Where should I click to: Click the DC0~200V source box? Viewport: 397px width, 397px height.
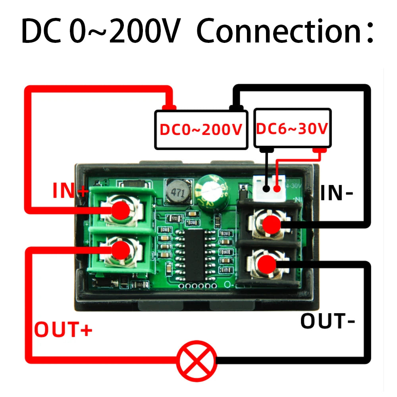click(201, 130)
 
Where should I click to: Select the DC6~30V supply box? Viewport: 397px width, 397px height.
click(292, 128)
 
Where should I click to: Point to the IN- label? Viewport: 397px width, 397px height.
click(337, 193)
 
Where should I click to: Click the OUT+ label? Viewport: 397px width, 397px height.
click(64, 330)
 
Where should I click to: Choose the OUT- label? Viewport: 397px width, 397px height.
click(328, 321)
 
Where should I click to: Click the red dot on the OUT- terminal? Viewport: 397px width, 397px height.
click(266, 264)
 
